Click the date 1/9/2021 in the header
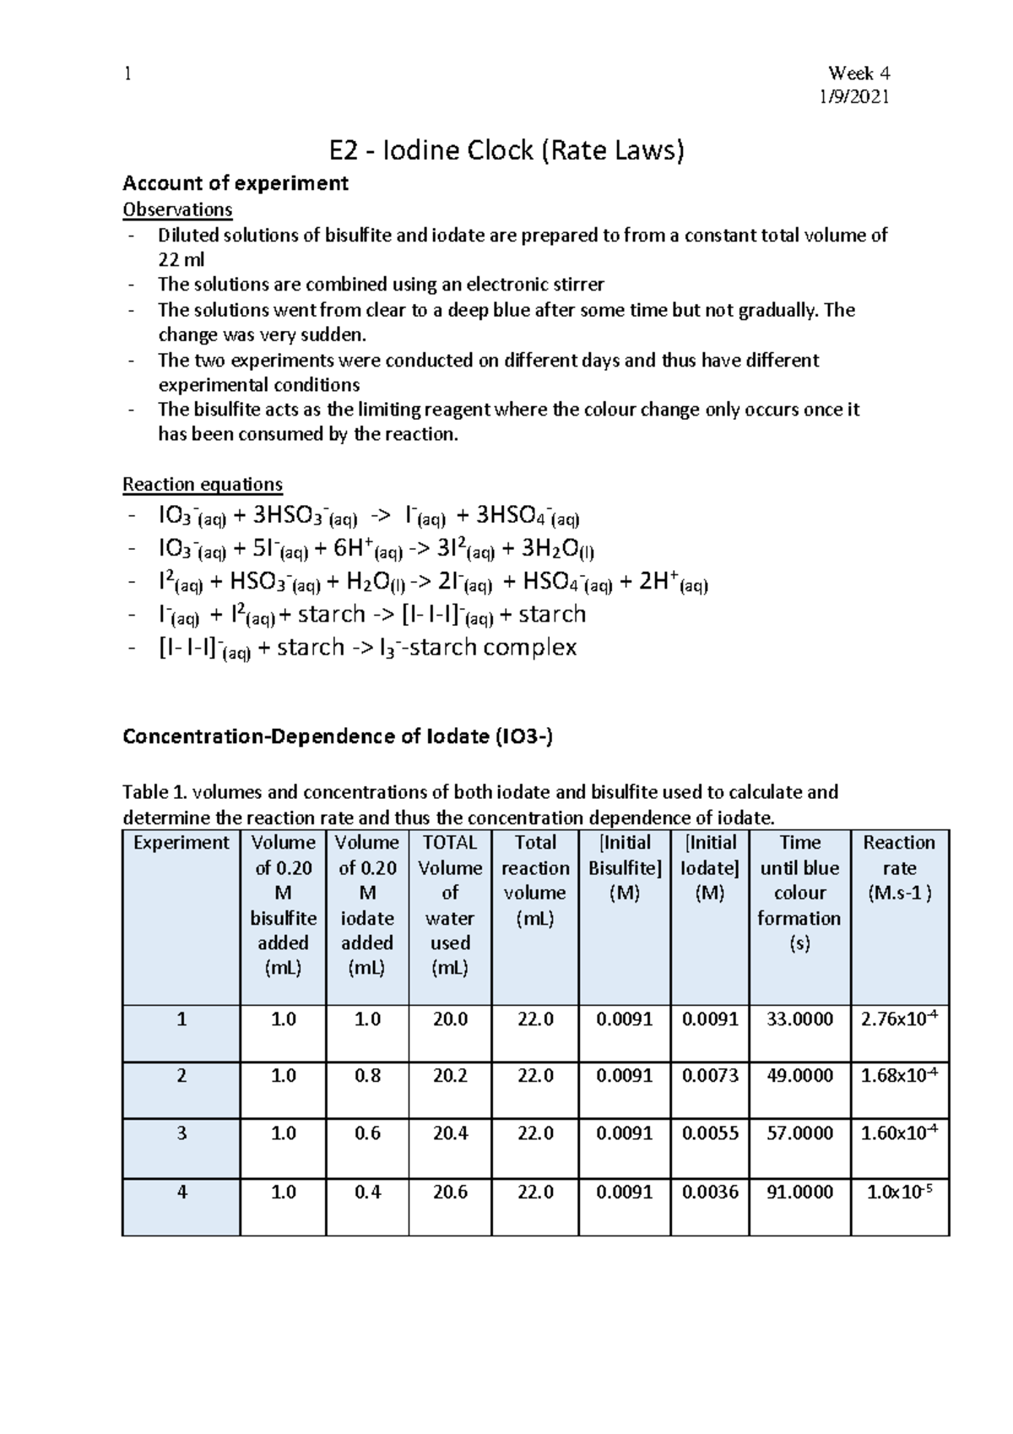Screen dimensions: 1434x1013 point(855,97)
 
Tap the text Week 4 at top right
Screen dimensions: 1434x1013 point(859,73)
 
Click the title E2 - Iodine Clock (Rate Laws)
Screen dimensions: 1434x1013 point(506,150)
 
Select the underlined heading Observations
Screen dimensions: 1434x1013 point(177,209)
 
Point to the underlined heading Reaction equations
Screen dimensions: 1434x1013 point(203,484)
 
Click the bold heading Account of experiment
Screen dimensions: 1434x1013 point(236,183)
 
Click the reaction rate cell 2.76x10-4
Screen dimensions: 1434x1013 point(899,1019)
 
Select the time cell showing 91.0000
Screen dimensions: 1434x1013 point(799,1192)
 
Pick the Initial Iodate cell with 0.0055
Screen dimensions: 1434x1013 point(710,1133)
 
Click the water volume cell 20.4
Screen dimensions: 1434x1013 point(450,1133)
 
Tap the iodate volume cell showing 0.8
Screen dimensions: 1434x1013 point(367,1076)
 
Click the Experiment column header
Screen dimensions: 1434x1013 point(181,843)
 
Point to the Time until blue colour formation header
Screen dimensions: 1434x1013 point(799,892)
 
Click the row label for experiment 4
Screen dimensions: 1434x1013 point(181,1192)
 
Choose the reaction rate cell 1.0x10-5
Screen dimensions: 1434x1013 point(899,1192)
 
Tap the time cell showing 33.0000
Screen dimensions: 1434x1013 point(799,1019)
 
